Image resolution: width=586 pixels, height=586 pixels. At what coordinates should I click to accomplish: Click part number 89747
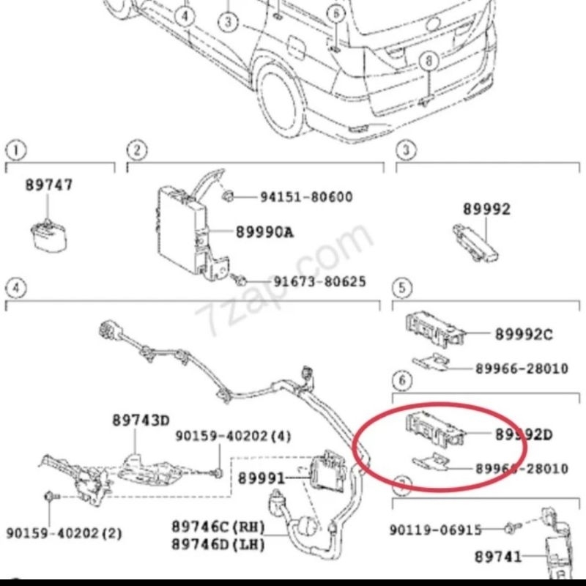pyautogui.click(x=49, y=186)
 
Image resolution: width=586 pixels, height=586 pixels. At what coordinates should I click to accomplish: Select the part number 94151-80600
pyautogui.click(x=306, y=197)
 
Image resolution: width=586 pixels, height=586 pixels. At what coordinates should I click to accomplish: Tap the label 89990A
pyautogui.click(x=264, y=232)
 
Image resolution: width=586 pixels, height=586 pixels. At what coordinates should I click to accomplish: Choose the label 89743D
pyautogui.click(x=141, y=420)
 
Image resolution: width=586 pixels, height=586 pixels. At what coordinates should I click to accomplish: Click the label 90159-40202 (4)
pyautogui.click(x=233, y=437)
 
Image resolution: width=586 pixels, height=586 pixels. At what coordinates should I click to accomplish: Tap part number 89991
pyautogui.click(x=261, y=478)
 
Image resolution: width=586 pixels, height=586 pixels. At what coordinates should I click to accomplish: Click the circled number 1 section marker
pyautogui.click(x=16, y=150)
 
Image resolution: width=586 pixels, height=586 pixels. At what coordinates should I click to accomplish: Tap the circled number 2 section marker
pyautogui.click(x=136, y=150)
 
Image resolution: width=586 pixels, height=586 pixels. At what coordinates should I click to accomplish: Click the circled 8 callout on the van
pyautogui.click(x=429, y=61)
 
